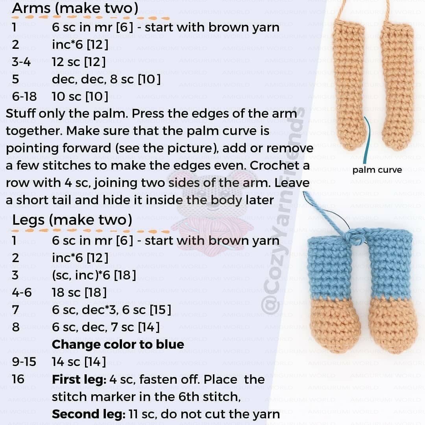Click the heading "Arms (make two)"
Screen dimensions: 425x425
(75, 8)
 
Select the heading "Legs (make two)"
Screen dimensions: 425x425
(72, 220)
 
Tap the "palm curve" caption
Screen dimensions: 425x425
(377, 170)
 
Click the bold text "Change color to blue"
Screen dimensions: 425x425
(118, 344)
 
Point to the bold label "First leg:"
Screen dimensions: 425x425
(79, 379)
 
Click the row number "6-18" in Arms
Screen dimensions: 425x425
(24, 96)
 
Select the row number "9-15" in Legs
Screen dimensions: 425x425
(24, 362)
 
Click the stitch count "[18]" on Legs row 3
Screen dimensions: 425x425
(125, 275)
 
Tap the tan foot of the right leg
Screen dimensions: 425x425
(393, 325)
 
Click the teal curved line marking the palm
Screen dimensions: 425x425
(368, 140)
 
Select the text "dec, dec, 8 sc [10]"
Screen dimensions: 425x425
(106, 79)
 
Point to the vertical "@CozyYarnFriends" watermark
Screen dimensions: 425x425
(283, 211)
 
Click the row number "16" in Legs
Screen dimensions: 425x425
(18, 379)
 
